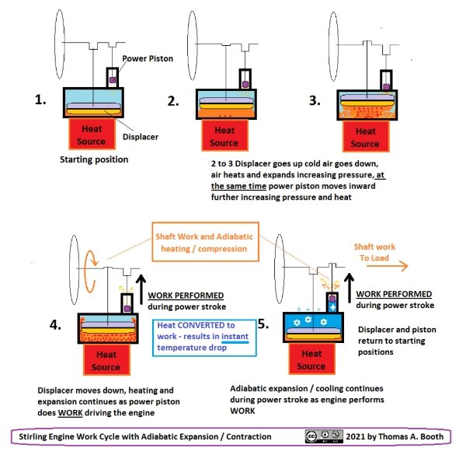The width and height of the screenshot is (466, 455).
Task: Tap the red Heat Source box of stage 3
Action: (364, 137)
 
